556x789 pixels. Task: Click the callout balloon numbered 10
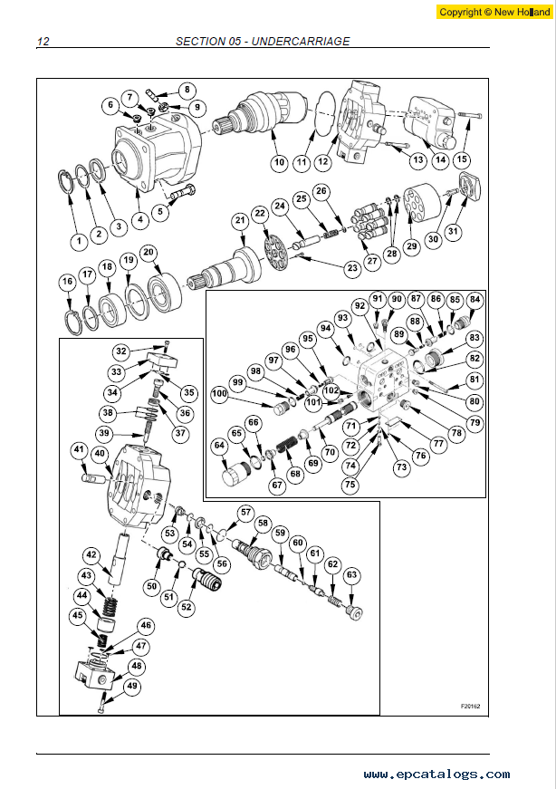click(279, 162)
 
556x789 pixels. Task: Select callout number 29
click(412, 246)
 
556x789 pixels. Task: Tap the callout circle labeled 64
click(219, 446)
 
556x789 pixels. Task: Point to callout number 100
click(219, 393)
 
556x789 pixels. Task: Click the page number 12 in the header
click(43, 42)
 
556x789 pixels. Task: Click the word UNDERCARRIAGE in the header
click(301, 42)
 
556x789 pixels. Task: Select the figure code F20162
click(471, 706)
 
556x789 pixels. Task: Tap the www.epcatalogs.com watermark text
click(436, 774)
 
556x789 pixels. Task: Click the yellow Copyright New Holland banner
click(494, 12)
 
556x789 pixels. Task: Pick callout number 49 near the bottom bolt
click(132, 686)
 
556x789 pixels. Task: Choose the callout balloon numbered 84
click(475, 300)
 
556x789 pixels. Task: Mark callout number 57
click(245, 513)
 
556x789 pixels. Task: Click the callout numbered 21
click(241, 220)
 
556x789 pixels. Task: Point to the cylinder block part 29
click(422, 203)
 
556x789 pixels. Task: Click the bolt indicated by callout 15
click(470, 115)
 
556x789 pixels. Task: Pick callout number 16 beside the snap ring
click(68, 282)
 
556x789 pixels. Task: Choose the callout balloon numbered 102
click(331, 390)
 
